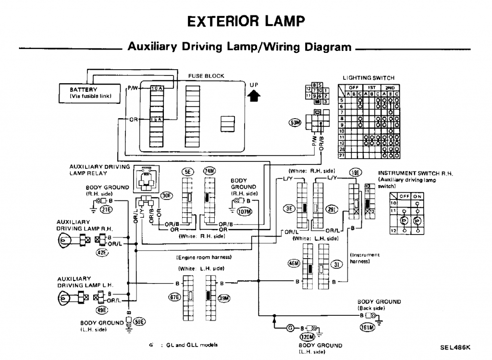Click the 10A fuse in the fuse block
point(157,89)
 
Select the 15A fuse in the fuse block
point(157,119)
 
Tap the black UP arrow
point(254,96)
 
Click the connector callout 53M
point(294,123)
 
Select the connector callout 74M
point(210,172)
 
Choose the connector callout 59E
point(140,321)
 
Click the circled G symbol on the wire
point(290,328)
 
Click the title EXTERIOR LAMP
point(246,21)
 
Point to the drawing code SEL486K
point(455,346)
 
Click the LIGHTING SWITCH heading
point(369,78)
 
